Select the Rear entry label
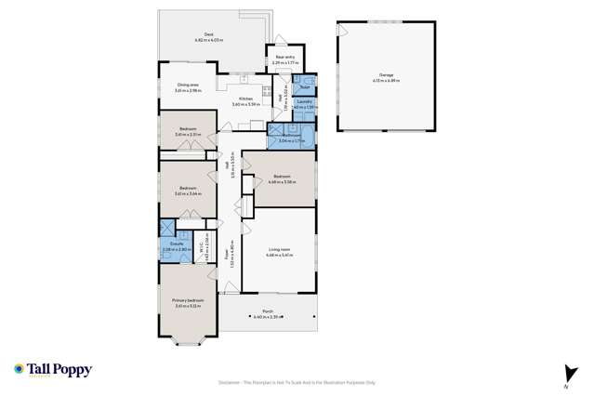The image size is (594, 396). click(284, 57)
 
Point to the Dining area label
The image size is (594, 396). click(189, 86)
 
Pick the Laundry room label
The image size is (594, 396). click(304, 101)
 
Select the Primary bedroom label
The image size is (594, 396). click(188, 300)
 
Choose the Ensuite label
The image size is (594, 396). click(168, 245)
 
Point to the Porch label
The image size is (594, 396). click(267, 311)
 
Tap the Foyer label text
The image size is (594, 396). click(228, 251)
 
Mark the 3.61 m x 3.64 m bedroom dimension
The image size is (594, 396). click(188, 193)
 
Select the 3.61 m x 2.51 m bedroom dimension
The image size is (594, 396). click(188, 136)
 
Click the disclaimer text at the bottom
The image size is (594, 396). click(297, 381)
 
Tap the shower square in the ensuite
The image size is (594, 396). click(167, 228)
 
